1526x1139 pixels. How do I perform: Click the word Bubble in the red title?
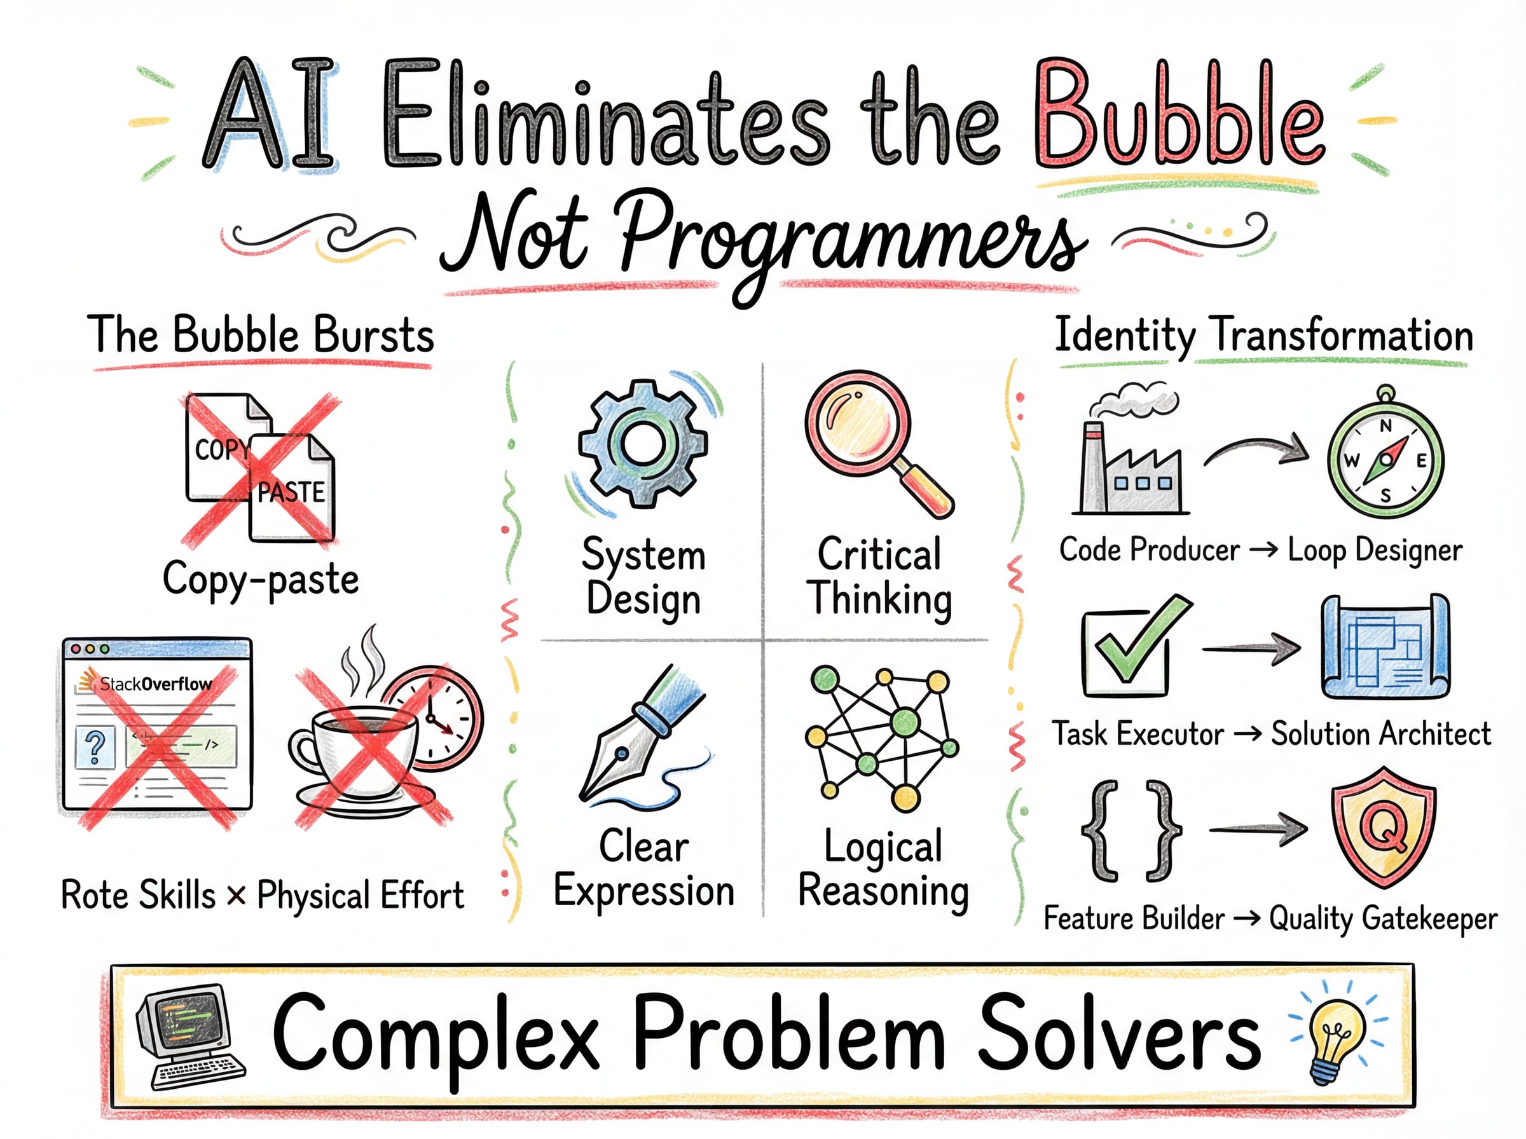click(1178, 114)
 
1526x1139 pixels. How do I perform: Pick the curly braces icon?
click(1131, 831)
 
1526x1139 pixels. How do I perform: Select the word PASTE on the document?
click(291, 493)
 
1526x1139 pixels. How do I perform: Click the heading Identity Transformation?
click(1264, 336)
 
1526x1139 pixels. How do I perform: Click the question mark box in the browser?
click(95, 747)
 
